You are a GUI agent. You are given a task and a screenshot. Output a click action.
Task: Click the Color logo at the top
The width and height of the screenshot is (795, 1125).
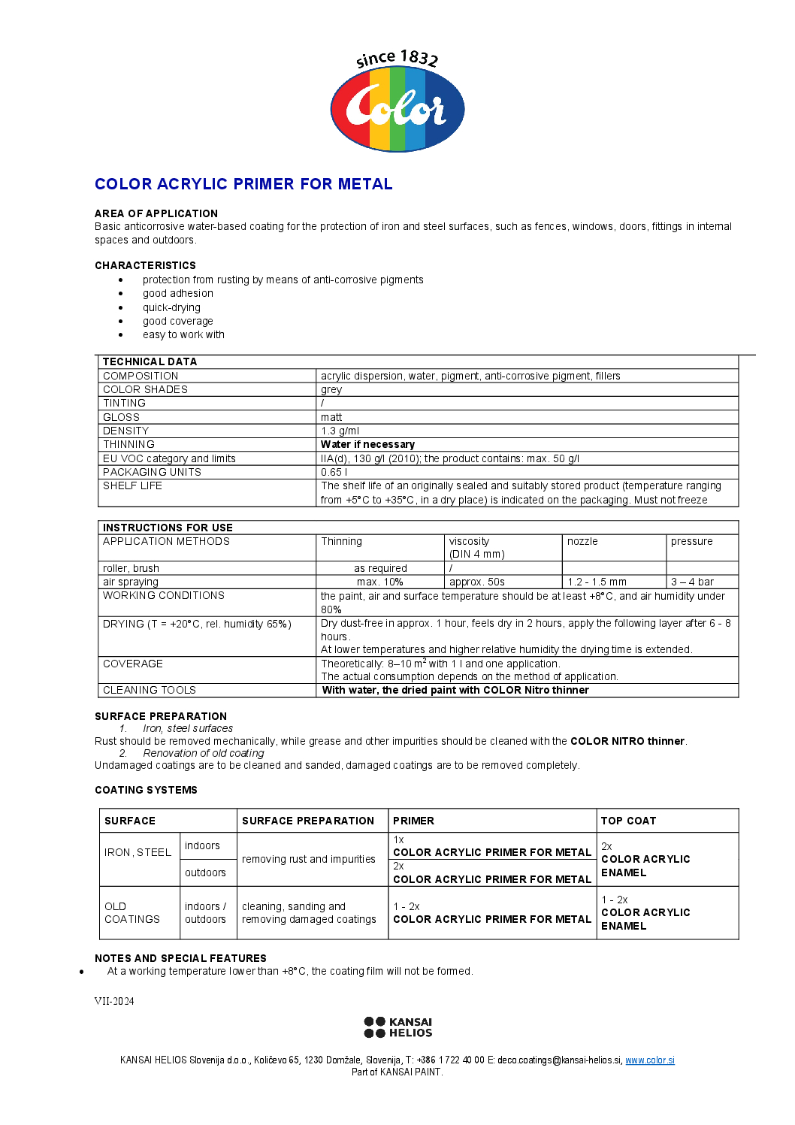coord(397,103)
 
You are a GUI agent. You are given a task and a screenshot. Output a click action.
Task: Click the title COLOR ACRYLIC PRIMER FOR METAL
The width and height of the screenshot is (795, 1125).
coord(243,184)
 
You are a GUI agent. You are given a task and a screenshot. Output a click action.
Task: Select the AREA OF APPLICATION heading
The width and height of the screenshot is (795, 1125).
coord(156,213)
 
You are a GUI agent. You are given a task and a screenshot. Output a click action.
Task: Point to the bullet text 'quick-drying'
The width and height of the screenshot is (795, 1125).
coord(171,307)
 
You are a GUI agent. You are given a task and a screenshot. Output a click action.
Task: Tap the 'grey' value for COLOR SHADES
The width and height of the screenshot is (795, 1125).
coord(331,389)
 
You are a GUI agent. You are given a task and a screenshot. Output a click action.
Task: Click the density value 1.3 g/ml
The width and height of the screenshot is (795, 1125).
coord(340,431)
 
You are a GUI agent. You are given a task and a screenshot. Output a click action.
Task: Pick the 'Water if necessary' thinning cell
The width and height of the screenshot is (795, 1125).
coord(367,444)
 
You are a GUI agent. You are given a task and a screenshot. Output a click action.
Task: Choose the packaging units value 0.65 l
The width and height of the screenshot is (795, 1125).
coord(334,472)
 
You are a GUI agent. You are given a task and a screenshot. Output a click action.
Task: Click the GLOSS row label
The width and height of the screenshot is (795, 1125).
coord(121,417)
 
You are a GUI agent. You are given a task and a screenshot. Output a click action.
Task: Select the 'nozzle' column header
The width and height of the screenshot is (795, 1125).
coord(582,541)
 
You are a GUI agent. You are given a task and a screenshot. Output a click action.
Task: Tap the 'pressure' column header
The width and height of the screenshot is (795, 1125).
coord(691,541)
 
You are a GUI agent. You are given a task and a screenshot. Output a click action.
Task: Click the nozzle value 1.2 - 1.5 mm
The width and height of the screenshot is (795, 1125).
coord(597,582)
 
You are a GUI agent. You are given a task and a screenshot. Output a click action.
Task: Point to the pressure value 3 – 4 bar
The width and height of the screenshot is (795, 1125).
coord(692,582)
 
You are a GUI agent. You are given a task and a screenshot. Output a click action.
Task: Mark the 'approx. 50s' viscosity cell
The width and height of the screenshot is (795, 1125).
coord(476,582)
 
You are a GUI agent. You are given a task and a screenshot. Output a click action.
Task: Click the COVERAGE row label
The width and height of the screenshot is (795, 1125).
coord(132,664)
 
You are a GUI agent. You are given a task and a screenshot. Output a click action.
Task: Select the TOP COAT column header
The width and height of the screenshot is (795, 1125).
coord(628,821)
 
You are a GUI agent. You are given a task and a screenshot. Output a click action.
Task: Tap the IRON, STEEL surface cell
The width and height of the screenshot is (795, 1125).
coord(138,852)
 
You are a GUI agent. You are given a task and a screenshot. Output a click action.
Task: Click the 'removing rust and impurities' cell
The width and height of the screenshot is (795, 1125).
coord(308,859)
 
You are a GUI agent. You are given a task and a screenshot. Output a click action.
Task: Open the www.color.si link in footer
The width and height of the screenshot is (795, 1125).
coord(649,1060)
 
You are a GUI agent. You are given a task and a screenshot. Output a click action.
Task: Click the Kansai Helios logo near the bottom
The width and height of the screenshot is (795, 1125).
coord(397,1027)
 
